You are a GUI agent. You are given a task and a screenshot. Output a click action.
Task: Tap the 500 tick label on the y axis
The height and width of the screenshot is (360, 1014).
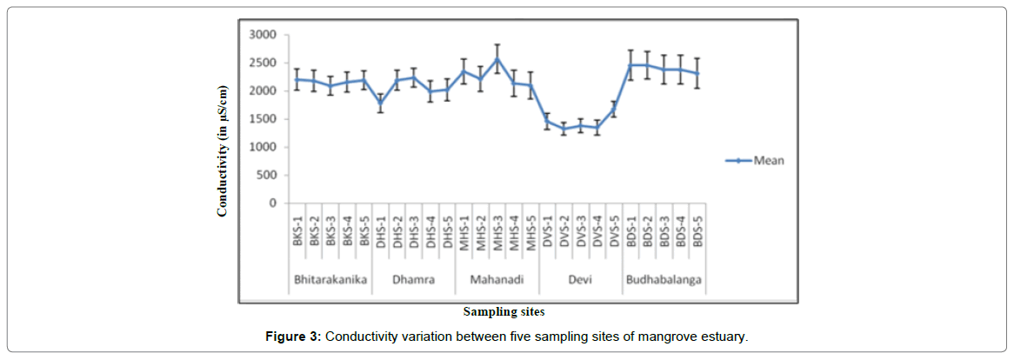(x=268, y=176)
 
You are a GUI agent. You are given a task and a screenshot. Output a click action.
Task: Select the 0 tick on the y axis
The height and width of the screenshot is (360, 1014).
(x=273, y=203)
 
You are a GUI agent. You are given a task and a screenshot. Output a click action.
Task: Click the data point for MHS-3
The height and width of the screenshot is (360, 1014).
(x=497, y=58)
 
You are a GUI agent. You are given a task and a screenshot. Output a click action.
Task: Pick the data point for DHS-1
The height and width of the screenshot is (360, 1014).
(x=380, y=103)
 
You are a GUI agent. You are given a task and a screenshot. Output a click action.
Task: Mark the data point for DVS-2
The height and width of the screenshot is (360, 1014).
(x=564, y=130)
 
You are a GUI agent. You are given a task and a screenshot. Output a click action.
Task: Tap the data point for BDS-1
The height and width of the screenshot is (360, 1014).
(x=630, y=64)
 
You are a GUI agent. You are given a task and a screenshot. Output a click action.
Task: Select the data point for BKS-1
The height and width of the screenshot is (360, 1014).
(x=297, y=79)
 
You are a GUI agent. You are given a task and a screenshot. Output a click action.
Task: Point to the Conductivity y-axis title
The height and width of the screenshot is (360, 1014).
(x=223, y=150)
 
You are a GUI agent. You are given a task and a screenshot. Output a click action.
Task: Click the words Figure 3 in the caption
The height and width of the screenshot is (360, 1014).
(x=294, y=337)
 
